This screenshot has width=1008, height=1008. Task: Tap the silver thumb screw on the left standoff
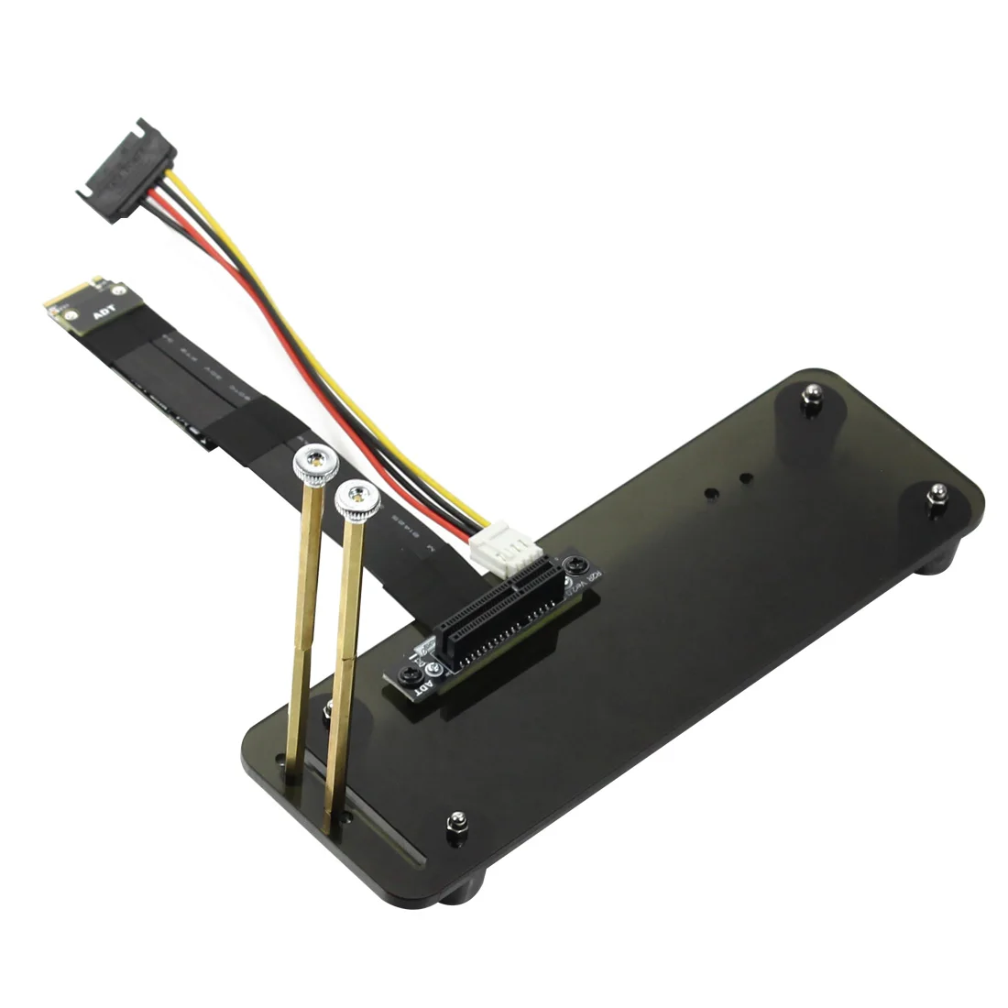click(x=312, y=463)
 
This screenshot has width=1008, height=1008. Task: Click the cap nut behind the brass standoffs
click(x=327, y=707)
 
